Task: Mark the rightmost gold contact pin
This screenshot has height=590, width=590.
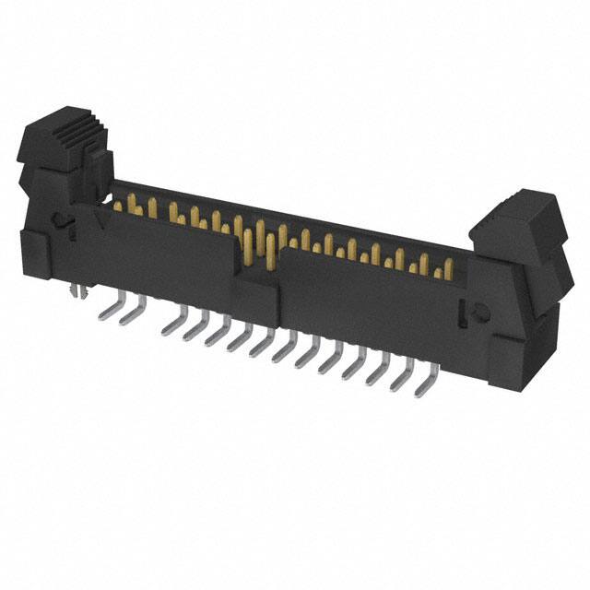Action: pos(448,269)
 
